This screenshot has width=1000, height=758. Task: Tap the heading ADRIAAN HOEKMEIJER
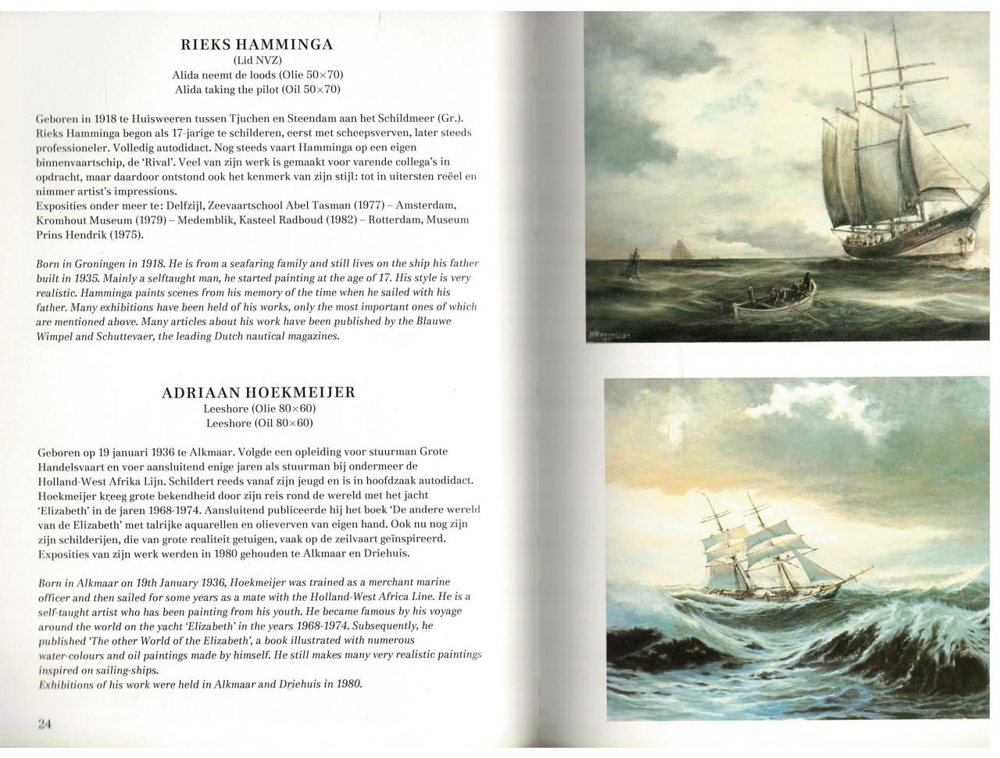(x=259, y=392)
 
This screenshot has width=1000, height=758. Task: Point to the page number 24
(x=44, y=724)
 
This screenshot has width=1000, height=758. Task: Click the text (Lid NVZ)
(x=257, y=60)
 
